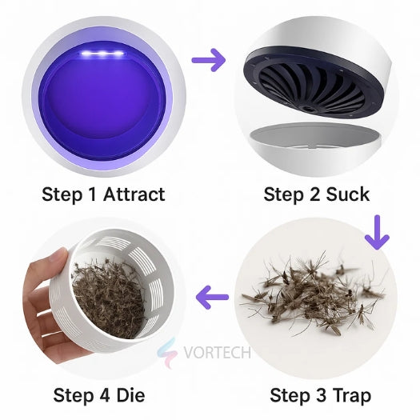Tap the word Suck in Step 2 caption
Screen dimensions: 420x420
pyautogui.click(x=348, y=194)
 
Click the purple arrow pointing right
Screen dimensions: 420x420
pyautogui.click(x=209, y=61)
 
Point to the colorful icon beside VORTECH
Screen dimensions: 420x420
pyautogui.click(x=166, y=352)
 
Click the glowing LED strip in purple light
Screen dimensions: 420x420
pyautogui.click(x=102, y=54)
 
